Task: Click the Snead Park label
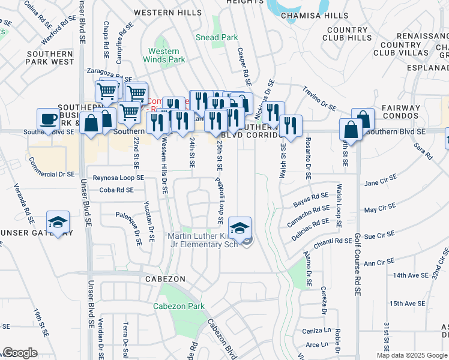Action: tap(217, 37)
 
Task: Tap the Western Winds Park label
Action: tap(164, 56)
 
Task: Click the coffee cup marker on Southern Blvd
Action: tap(47, 119)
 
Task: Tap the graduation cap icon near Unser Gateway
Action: tap(58, 222)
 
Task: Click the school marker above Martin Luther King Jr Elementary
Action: tap(240, 229)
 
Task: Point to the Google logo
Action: tap(20, 353)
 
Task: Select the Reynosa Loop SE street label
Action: tap(118, 178)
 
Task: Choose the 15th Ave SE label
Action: tap(407, 304)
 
